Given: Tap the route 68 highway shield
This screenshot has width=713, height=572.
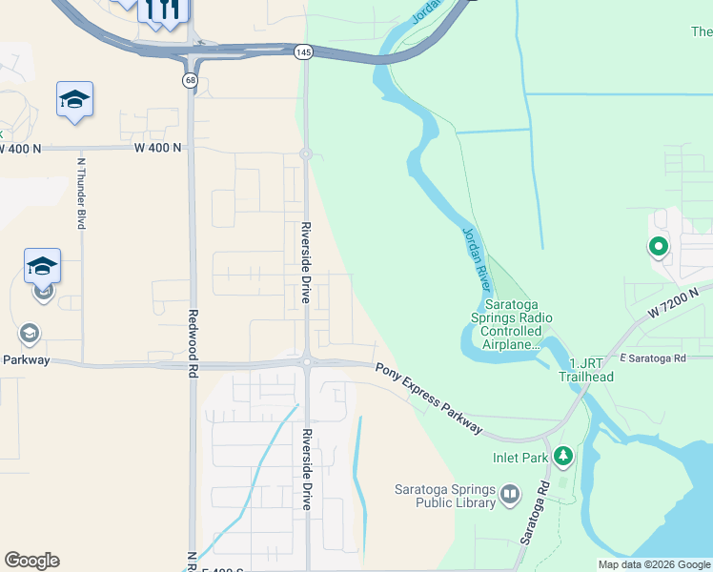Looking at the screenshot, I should pos(191,81).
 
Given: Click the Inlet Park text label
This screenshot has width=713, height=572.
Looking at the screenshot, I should pos(520,458).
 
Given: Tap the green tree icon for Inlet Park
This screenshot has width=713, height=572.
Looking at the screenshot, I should pos(563,457).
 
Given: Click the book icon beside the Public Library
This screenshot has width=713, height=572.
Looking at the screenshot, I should pos(510,494).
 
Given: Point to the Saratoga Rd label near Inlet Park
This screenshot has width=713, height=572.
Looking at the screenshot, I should pos(535,512).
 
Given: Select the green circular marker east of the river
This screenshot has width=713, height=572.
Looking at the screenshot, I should pos(658,249).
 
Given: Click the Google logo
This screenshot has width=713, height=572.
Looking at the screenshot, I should pos(31,561).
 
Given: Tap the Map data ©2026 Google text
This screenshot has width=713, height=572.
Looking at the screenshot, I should pos(654,564).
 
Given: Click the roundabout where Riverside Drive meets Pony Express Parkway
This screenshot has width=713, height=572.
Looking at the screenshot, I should pos(306,361).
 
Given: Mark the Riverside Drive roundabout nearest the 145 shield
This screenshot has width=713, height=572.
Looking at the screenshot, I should pos(306,153).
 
